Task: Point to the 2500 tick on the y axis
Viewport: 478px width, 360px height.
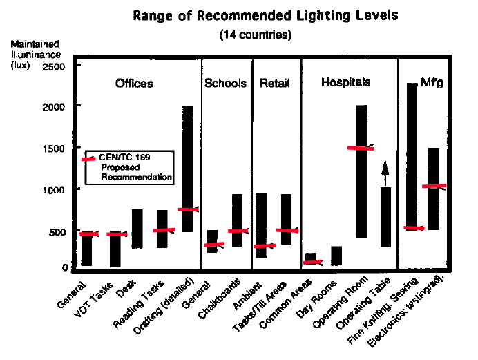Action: [x=55, y=66]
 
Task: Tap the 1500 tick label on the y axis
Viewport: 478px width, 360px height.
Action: [x=55, y=149]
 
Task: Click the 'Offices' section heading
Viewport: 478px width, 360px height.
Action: [x=134, y=84]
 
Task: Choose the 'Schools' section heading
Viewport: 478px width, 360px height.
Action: [x=225, y=84]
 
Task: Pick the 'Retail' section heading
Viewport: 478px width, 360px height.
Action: [x=274, y=84]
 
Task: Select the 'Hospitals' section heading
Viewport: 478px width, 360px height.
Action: [x=346, y=82]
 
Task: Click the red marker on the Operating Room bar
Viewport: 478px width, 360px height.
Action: [x=361, y=148]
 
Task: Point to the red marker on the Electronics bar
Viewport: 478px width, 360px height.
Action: [x=434, y=186]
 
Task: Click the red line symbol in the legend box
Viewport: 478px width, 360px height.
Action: [x=88, y=159]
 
